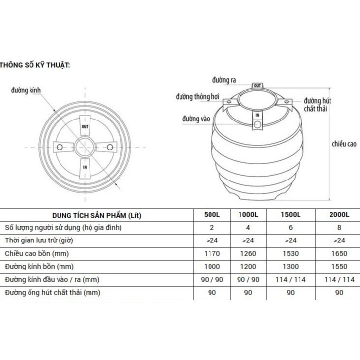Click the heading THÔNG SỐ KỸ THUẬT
(34, 65)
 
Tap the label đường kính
(26, 90)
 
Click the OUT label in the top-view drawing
(85, 127)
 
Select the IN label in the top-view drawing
(85, 167)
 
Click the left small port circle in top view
(60, 147)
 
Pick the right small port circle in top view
(110, 147)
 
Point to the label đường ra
(224, 80)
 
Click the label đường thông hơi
(197, 97)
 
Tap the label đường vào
(196, 119)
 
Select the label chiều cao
(344, 144)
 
